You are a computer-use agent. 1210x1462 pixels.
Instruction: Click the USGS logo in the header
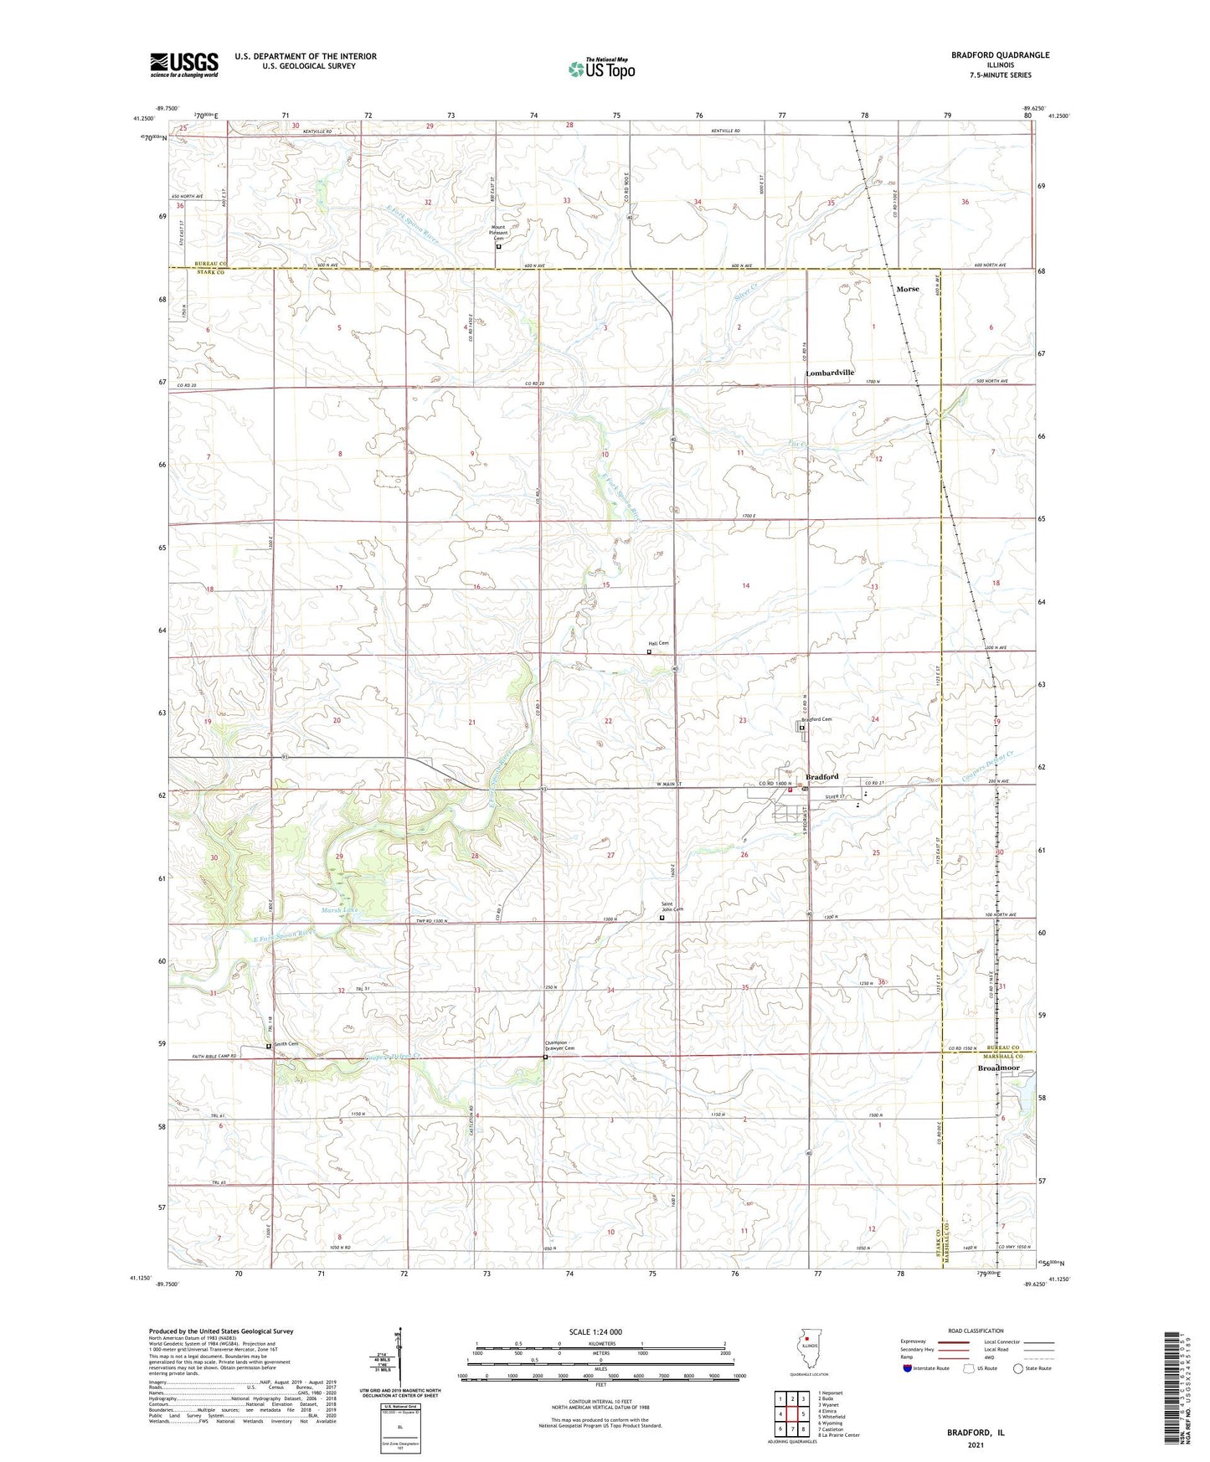coord(183,64)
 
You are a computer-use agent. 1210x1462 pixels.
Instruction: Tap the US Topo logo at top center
coord(601,68)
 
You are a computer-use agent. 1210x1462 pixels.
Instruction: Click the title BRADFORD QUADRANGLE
coord(1000,55)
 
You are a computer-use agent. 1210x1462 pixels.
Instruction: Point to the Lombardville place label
coord(830,373)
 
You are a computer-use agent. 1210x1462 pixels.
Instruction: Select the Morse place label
coord(907,289)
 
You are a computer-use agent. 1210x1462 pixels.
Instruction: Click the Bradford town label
coord(821,777)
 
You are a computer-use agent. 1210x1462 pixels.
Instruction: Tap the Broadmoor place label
coord(999,1068)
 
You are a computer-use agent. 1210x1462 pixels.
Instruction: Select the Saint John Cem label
coord(672,907)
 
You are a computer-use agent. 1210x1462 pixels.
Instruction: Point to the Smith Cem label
coord(286,1044)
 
